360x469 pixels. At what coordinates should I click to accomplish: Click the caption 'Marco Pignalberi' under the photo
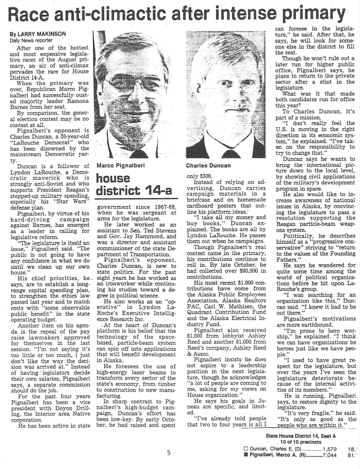click(121, 165)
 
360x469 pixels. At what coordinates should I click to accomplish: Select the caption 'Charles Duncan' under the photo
click(208, 165)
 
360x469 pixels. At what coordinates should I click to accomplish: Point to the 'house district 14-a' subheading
click(133, 185)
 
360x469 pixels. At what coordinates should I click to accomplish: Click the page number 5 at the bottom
click(169, 453)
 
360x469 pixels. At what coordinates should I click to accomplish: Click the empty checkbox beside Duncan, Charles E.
click(245, 449)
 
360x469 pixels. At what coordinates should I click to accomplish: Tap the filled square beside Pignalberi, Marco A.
click(245, 455)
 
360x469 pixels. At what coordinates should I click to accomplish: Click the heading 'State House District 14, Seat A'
click(301, 436)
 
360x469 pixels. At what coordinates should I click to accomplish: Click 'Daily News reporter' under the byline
click(31, 40)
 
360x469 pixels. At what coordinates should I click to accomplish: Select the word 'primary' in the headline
click(313, 15)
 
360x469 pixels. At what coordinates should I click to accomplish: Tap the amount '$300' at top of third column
click(201, 176)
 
